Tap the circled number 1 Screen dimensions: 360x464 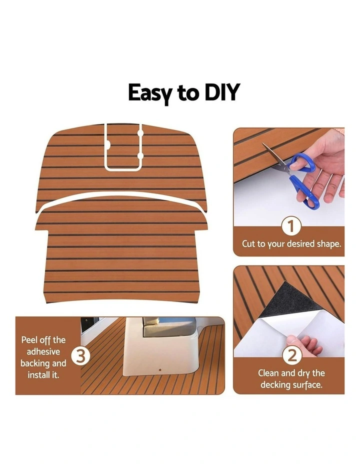(291, 226)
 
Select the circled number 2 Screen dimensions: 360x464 (291, 355)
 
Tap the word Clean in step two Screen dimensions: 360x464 (268, 373)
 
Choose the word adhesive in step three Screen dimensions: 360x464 (43, 351)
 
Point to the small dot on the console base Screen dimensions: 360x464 (160, 370)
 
